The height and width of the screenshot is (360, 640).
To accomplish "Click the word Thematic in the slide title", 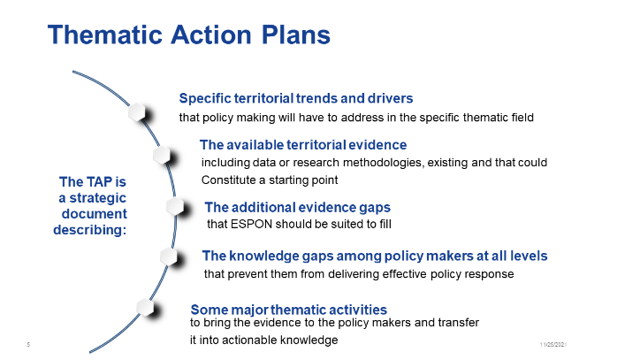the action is tap(105, 34).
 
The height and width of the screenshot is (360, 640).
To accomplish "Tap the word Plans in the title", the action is tap(295, 34).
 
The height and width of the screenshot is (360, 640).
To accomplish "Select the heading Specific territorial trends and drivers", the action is tap(296, 98).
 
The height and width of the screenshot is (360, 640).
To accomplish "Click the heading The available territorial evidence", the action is tap(303, 145).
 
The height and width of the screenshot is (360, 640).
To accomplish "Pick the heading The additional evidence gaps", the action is tap(298, 208).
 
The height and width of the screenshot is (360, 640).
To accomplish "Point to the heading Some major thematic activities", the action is tap(288, 310).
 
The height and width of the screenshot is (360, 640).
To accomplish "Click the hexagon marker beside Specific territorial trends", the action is tap(137, 112).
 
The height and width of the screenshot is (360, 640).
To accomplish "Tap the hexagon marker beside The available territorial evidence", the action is tap(162, 156).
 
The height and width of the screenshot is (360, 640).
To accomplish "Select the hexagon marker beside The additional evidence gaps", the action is tap(175, 206).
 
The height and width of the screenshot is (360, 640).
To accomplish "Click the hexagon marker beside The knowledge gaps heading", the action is tap(169, 257).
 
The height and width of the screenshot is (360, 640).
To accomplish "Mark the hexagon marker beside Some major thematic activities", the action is tap(145, 307).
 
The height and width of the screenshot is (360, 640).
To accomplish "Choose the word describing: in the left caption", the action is tap(90, 230).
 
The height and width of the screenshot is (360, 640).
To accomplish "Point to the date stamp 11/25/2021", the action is tap(553, 344).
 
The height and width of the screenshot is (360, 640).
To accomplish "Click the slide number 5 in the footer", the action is tap(28, 344).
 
